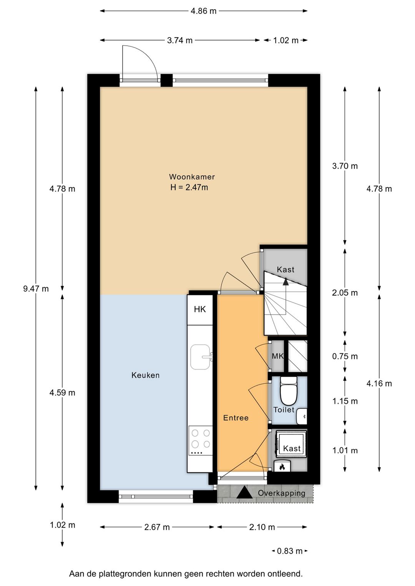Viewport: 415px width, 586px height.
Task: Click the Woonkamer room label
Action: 192,177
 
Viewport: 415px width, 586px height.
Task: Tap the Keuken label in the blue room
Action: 145,376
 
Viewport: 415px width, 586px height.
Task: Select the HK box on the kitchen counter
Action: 200,310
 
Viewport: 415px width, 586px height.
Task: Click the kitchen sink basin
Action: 200,357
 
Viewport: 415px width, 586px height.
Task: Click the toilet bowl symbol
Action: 289,391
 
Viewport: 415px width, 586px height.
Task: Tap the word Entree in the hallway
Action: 236,418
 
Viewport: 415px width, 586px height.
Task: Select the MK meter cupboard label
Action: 277,356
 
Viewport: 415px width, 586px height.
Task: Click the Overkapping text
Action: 281,493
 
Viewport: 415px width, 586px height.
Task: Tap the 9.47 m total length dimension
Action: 36,289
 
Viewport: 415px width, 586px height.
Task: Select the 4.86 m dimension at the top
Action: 203,11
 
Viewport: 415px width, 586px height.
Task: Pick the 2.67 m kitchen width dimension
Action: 157,527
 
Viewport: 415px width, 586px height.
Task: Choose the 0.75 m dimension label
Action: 345,356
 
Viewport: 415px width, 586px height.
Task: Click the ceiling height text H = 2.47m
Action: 189,187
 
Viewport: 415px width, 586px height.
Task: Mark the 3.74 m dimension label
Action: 179,40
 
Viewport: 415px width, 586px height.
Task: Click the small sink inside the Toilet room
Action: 302,416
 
